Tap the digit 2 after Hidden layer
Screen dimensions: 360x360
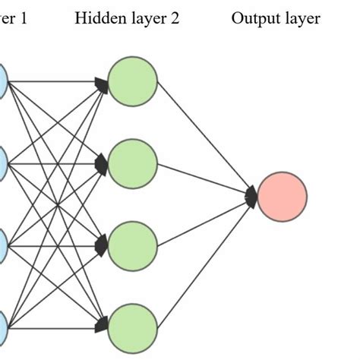point(175,17)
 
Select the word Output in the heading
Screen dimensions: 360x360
point(254,17)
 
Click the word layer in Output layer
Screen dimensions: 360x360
point(301,17)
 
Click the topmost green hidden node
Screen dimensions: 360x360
point(132,80)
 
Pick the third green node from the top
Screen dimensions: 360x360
point(132,245)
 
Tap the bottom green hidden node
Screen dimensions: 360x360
point(132,327)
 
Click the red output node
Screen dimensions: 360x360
point(282,196)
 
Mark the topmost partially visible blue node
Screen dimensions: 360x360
point(3,80)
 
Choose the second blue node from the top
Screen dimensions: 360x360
point(3,162)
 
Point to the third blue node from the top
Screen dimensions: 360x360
point(3,245)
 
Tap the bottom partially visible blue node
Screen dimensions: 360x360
point(3,327)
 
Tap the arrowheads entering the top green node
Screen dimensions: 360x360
point(102,82)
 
